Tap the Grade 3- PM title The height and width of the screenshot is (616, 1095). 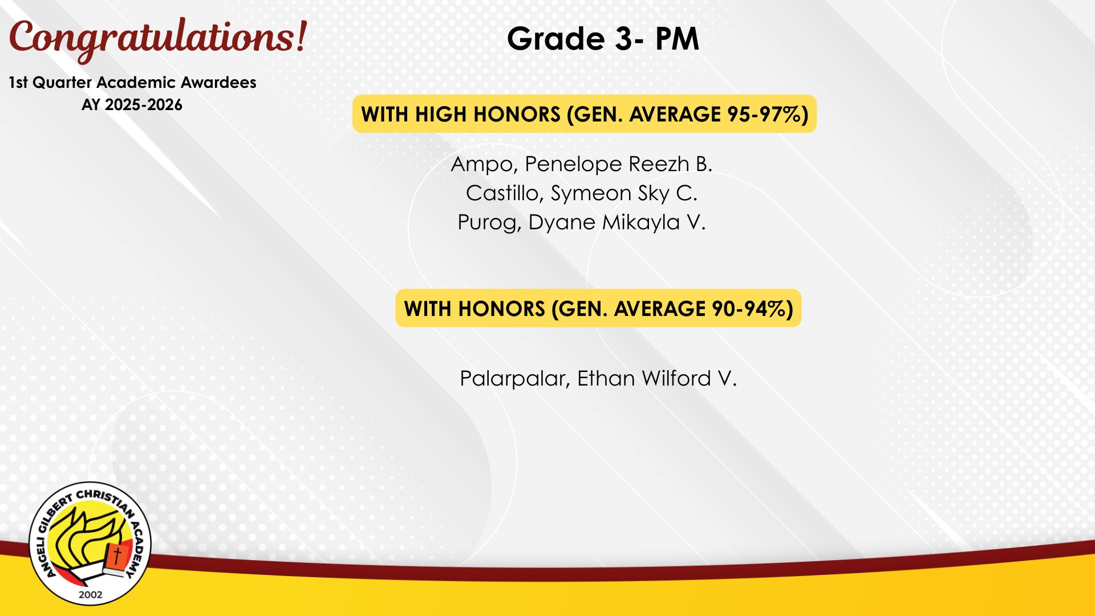click(603, 39)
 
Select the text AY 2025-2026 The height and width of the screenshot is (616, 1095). click(132, 105)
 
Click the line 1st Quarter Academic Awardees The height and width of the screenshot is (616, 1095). click(132, 83)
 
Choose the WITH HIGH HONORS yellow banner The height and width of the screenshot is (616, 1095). click(585, 114)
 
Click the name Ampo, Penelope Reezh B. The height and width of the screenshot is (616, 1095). click(582, 164)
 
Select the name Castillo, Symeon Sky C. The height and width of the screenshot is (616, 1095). click(582, 193)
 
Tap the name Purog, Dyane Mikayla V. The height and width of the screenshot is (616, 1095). click(582, 222)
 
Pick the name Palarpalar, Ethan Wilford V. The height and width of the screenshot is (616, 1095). click(598, 379)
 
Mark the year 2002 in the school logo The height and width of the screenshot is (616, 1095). click(91, 594)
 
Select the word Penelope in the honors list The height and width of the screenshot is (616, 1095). click(573, 164)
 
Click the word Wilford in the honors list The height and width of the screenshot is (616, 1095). click(676, 379)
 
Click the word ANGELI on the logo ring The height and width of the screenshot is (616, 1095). click(46, 556)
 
